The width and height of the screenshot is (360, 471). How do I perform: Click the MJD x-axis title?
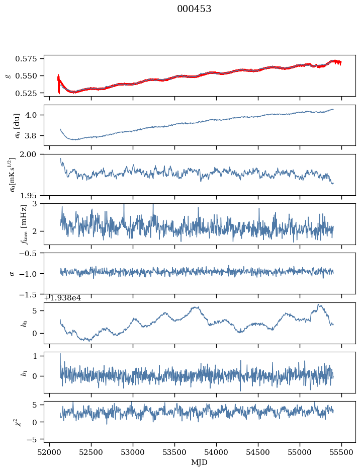coord(200,462)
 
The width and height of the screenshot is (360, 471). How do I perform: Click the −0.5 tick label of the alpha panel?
coord(31,253)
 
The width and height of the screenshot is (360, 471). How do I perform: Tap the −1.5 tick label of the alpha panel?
coord(31,294)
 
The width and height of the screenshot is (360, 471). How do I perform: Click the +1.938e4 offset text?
coord(62,298)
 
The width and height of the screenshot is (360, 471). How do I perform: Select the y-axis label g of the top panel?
coord(8,75)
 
